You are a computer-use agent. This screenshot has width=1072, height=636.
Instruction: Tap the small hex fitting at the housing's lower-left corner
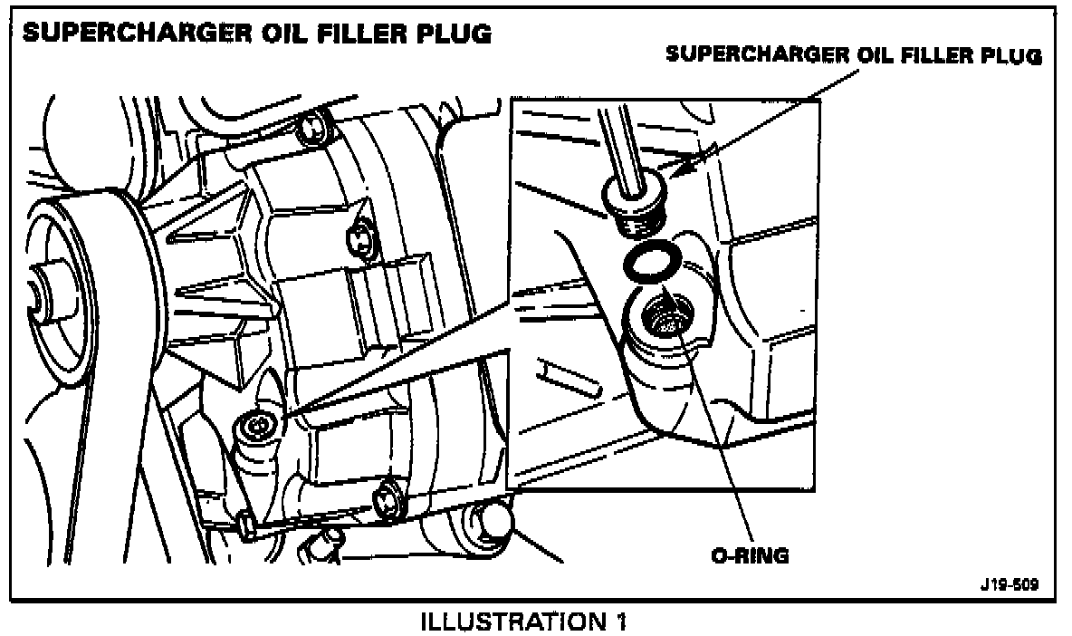244,525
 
